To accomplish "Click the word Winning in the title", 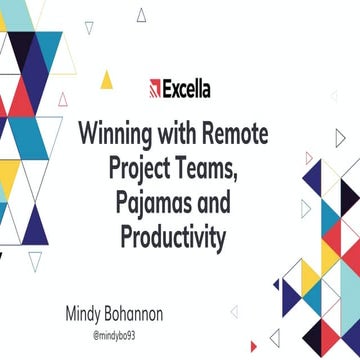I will coord(118,132).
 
